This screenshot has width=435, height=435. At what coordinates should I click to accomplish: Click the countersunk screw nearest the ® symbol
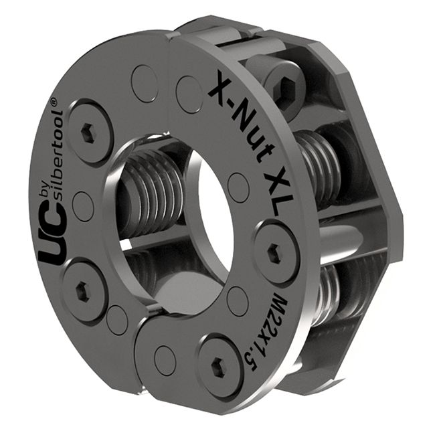[89, 131]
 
